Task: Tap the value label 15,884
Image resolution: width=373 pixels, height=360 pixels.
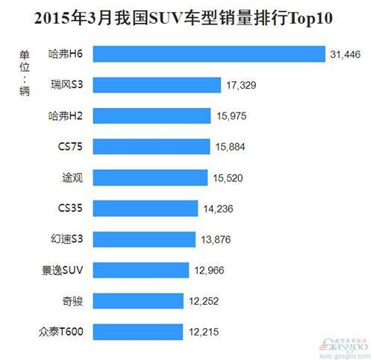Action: pyautogui.click(x=230, y=146)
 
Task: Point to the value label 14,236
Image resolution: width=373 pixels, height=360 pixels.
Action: pyautogui.click(x=218, y=208)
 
